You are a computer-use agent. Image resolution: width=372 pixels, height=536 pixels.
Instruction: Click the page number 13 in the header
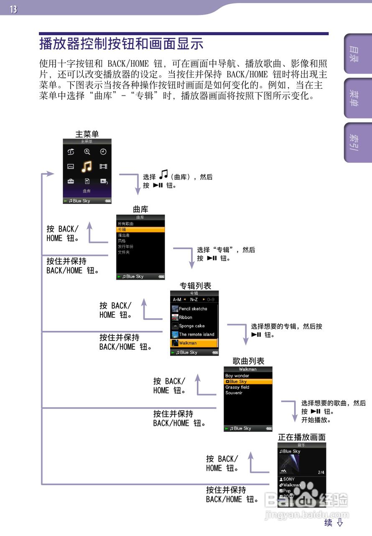[13, 9]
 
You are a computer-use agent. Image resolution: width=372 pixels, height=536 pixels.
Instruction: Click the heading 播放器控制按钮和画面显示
[121, 44]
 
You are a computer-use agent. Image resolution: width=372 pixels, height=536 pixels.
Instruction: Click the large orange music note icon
[87, 167]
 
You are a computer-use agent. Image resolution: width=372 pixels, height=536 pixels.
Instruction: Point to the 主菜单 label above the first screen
[87, 134]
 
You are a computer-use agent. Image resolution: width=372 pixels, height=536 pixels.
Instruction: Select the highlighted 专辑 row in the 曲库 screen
[140, 229]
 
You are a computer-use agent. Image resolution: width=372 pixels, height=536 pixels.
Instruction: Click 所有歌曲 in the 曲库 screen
[126, 224]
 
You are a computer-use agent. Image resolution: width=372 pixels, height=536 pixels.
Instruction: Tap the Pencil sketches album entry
[193, 309]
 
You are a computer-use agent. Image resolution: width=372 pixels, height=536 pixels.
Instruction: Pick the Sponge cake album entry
[191, 326]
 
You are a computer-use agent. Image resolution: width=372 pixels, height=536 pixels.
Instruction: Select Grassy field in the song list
[237, 387]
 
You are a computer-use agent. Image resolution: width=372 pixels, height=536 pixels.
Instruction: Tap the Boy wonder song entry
[237, 376]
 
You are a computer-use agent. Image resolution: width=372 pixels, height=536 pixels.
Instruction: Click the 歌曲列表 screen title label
[248, 361]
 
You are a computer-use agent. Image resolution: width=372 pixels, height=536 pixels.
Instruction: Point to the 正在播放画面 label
[302, 437]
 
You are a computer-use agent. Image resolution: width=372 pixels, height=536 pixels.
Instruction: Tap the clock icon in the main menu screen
[103, 152]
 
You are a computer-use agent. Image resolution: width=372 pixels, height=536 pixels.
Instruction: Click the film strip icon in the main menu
[103, 167]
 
